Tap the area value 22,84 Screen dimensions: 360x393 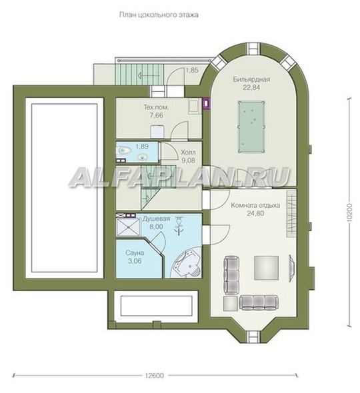pyautogui.click(x=251, y=87)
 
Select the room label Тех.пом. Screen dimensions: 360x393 pyautogui.click(x=156, y=107)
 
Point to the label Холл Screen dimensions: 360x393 pyautogui.click(x=188, y=153)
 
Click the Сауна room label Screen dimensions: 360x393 pyautogui.click(x=135, y=252)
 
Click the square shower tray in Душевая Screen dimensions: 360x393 pyautogui.click(x=129, y=226)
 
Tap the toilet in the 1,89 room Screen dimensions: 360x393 pyautogui.click(x=124, y=151)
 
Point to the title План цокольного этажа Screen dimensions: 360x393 pyautogui.click(x=159, y=15)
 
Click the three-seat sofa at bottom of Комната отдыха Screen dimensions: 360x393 pyautogui.click(x=259, y=303)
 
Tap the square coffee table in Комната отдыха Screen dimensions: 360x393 pyautogui.click(x=267, y=268)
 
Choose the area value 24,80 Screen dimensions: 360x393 pyautogui.click(x=255, y=214)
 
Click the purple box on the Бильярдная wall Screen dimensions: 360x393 pyautogui.click(x=206, y=103)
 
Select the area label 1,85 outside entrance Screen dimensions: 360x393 pyautogui.click(x=192, y=70)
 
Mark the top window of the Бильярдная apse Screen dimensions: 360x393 pyautogui.click(x=253, y=49)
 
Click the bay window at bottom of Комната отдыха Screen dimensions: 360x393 pyautogui.click(x=253, y=337)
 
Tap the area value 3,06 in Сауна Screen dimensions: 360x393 pyautogui.click(x=135, y=261)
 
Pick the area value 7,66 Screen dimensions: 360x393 pyautogui.click(x=156, y=115)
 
